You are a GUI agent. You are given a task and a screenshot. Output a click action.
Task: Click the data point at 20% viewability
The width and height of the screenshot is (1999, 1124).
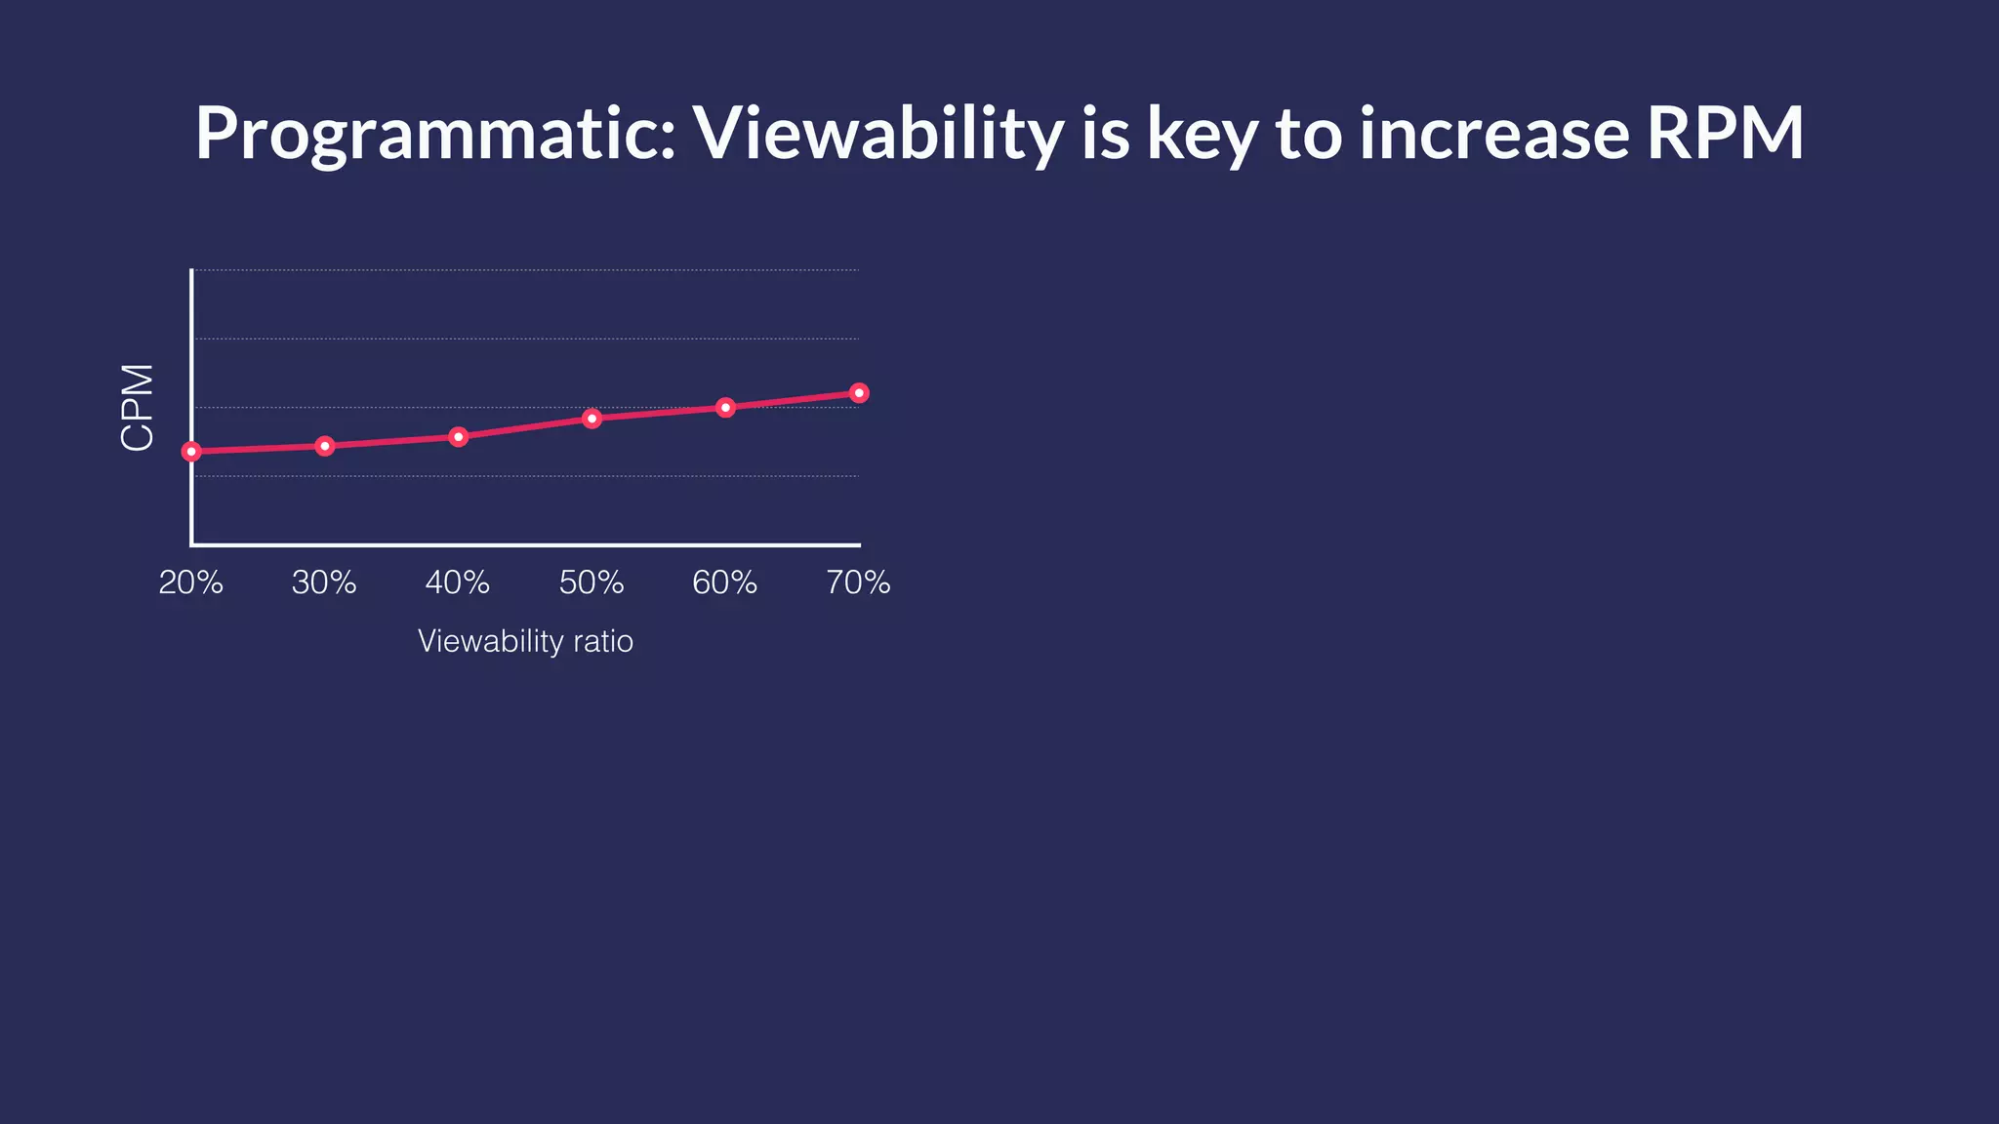[191, 451]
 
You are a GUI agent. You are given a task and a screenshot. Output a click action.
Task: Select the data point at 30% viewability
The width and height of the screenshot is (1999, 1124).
[325, 446]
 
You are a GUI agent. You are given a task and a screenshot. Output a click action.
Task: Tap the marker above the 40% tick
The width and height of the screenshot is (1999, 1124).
[459, 436]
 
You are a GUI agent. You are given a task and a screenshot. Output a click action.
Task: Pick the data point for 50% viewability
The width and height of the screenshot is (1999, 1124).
[592, 418]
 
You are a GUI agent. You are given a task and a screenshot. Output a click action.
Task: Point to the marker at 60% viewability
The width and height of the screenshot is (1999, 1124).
[725, 407]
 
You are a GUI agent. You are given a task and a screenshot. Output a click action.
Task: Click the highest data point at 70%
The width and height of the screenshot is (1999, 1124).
[859, 392]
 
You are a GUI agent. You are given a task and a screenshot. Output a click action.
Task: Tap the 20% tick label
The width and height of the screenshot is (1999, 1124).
[191, 582]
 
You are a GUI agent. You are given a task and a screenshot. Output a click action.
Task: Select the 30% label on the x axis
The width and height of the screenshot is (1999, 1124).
[324, 582]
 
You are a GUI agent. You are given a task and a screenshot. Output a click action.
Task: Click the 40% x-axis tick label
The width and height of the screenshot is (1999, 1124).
[458, 582]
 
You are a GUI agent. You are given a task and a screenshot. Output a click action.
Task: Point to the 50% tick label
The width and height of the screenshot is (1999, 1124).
[592, 582]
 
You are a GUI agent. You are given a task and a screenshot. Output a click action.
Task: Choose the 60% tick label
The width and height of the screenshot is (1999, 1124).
[724, 582]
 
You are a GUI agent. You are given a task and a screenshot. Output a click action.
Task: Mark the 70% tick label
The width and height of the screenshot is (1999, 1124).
[858, 582]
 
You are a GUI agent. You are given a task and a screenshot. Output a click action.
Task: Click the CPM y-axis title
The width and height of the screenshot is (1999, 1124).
[138, 407]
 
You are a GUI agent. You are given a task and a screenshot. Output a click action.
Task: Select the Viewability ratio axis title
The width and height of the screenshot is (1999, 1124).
[525, 641]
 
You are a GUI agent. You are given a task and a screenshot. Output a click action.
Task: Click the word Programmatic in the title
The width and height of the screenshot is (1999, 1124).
[434, 134]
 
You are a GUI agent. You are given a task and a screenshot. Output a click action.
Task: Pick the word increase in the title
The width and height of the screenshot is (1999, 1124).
[1493, 134]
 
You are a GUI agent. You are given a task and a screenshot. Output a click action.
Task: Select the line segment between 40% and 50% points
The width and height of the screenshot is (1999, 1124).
[525, 427]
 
